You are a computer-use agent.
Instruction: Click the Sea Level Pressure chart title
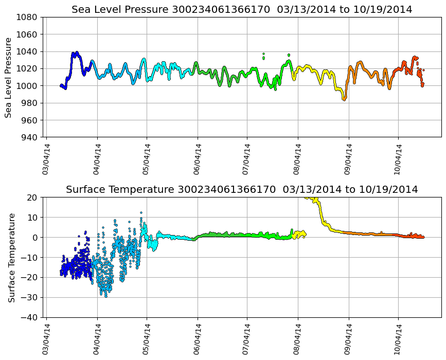click(242, 9)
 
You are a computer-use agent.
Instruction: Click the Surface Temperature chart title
click(242, 189)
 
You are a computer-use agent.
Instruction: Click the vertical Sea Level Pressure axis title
click(9, 77)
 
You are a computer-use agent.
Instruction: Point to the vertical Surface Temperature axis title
click(11, 257)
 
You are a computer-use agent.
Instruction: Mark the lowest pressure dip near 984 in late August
click(344, 99)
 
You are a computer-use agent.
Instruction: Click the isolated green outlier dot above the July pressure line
click(263, 54)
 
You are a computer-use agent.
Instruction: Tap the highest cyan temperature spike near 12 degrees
click(141, 212)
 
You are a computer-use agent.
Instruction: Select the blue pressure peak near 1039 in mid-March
click(76, 53)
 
